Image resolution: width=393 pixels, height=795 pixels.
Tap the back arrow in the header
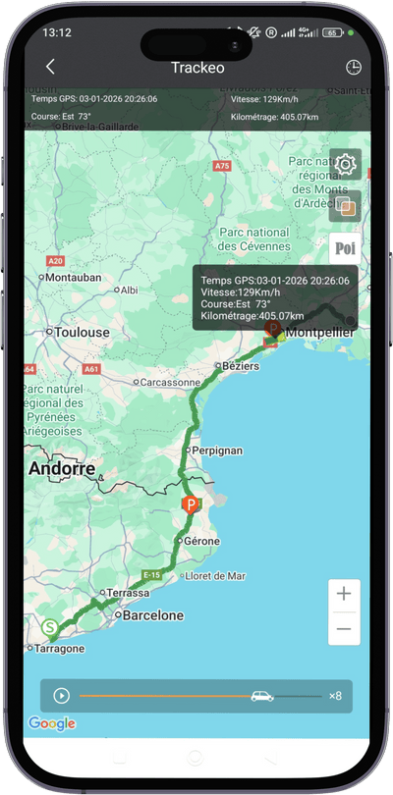pos(50,67)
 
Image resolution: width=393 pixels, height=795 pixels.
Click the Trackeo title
pos(197,67)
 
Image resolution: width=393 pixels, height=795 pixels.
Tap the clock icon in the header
pos(354,68)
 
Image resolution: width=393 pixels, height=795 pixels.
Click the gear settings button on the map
pos(346,164)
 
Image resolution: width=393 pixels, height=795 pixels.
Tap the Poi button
pos(345,248)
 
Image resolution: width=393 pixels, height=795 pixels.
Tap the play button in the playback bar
pos(62,696)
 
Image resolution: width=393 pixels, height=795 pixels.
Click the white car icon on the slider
pos(262,696)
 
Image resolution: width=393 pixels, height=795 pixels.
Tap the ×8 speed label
pos(335,696)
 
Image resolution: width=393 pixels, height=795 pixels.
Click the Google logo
pos(52,723)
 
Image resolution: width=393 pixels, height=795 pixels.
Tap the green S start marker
pos(49,627)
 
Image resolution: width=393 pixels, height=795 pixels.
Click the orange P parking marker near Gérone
pos(190,504)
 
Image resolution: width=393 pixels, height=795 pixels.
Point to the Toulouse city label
pos(82,333)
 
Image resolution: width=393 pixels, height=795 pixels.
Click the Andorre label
pos(63,468)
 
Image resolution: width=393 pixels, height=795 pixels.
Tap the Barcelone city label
pos(151,615)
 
